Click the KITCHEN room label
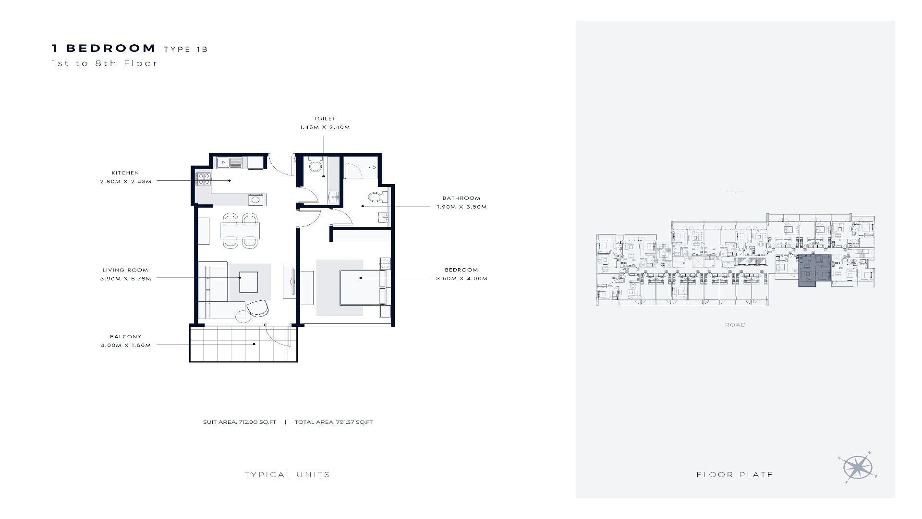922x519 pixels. (125, 173)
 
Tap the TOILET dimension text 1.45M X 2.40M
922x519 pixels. (325, 128)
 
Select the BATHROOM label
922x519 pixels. (461, 198)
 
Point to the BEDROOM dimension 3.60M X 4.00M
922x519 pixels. (462, 279)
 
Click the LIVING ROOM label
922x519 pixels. (125, 270)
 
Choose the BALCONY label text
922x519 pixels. (125, 337)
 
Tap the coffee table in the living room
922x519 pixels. (249, 282)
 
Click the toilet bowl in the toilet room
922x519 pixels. (315, 166)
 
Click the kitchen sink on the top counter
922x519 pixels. (229, 163)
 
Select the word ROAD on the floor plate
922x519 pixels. (735, 325)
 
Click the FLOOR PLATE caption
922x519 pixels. (735, 475)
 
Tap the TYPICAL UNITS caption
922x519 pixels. (287, 475)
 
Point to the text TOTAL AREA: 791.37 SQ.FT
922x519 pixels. (334, 422)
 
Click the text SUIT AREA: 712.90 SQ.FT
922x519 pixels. (240, 422)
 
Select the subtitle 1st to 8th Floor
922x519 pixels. (105, 63)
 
